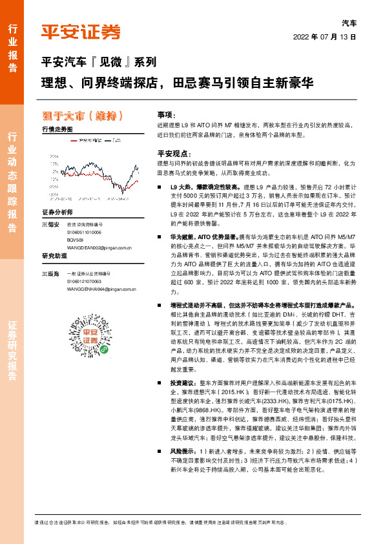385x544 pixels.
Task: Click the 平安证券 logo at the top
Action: [x=81, y=32]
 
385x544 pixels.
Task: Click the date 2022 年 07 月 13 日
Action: [x=325, y=37]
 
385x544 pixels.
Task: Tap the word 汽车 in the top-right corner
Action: [x=349, y=23]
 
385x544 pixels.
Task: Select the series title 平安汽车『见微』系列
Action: [x=98, y=63]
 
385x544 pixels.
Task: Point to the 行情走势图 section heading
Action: [x=57, y=129]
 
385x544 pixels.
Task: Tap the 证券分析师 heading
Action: [x=58, y=213]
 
